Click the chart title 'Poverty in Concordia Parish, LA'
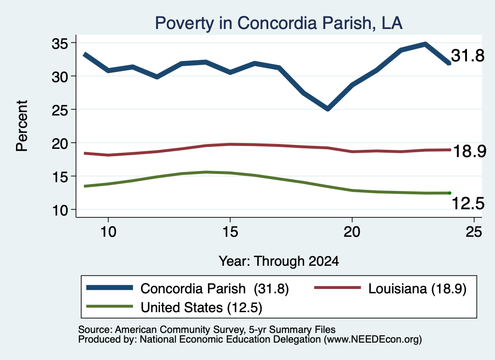[x=279, y=23]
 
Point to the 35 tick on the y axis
[x=59, y=43]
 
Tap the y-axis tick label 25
[x=59, y=110]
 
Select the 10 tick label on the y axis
[x=59, y=210]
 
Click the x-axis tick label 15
[x=230, y=232]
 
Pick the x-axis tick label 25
[x=474, y=232]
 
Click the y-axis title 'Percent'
[x=22, y=126]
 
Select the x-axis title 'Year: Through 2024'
[x=279, y=261]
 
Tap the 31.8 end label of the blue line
[x=467, y=56]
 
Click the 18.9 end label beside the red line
[x=469, y=151]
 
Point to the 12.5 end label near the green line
[x=468, y=203]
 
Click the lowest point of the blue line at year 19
[x=328, y=109]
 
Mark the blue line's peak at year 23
[x=425, y=44]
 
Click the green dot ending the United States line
[x=450, y=193]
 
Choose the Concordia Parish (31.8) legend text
[x=215, y=288]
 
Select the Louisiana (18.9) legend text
[x=417, y=288]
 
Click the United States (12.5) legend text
[x=202, y=308]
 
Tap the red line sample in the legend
[x=337, y=288]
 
